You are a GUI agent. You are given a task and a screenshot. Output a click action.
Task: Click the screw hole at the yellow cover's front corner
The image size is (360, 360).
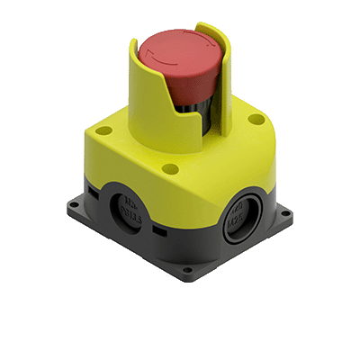(168, 166)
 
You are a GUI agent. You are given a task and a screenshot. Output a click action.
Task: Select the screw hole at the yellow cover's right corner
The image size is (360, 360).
(256, 119)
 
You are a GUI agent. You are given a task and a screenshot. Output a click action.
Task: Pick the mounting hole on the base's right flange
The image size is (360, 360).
(291, 214)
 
